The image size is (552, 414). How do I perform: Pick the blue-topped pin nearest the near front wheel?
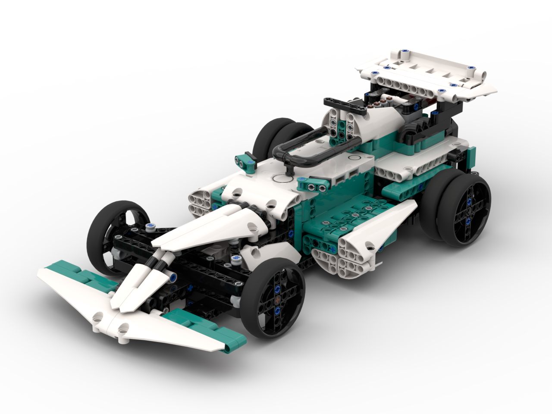click(235, 259)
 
